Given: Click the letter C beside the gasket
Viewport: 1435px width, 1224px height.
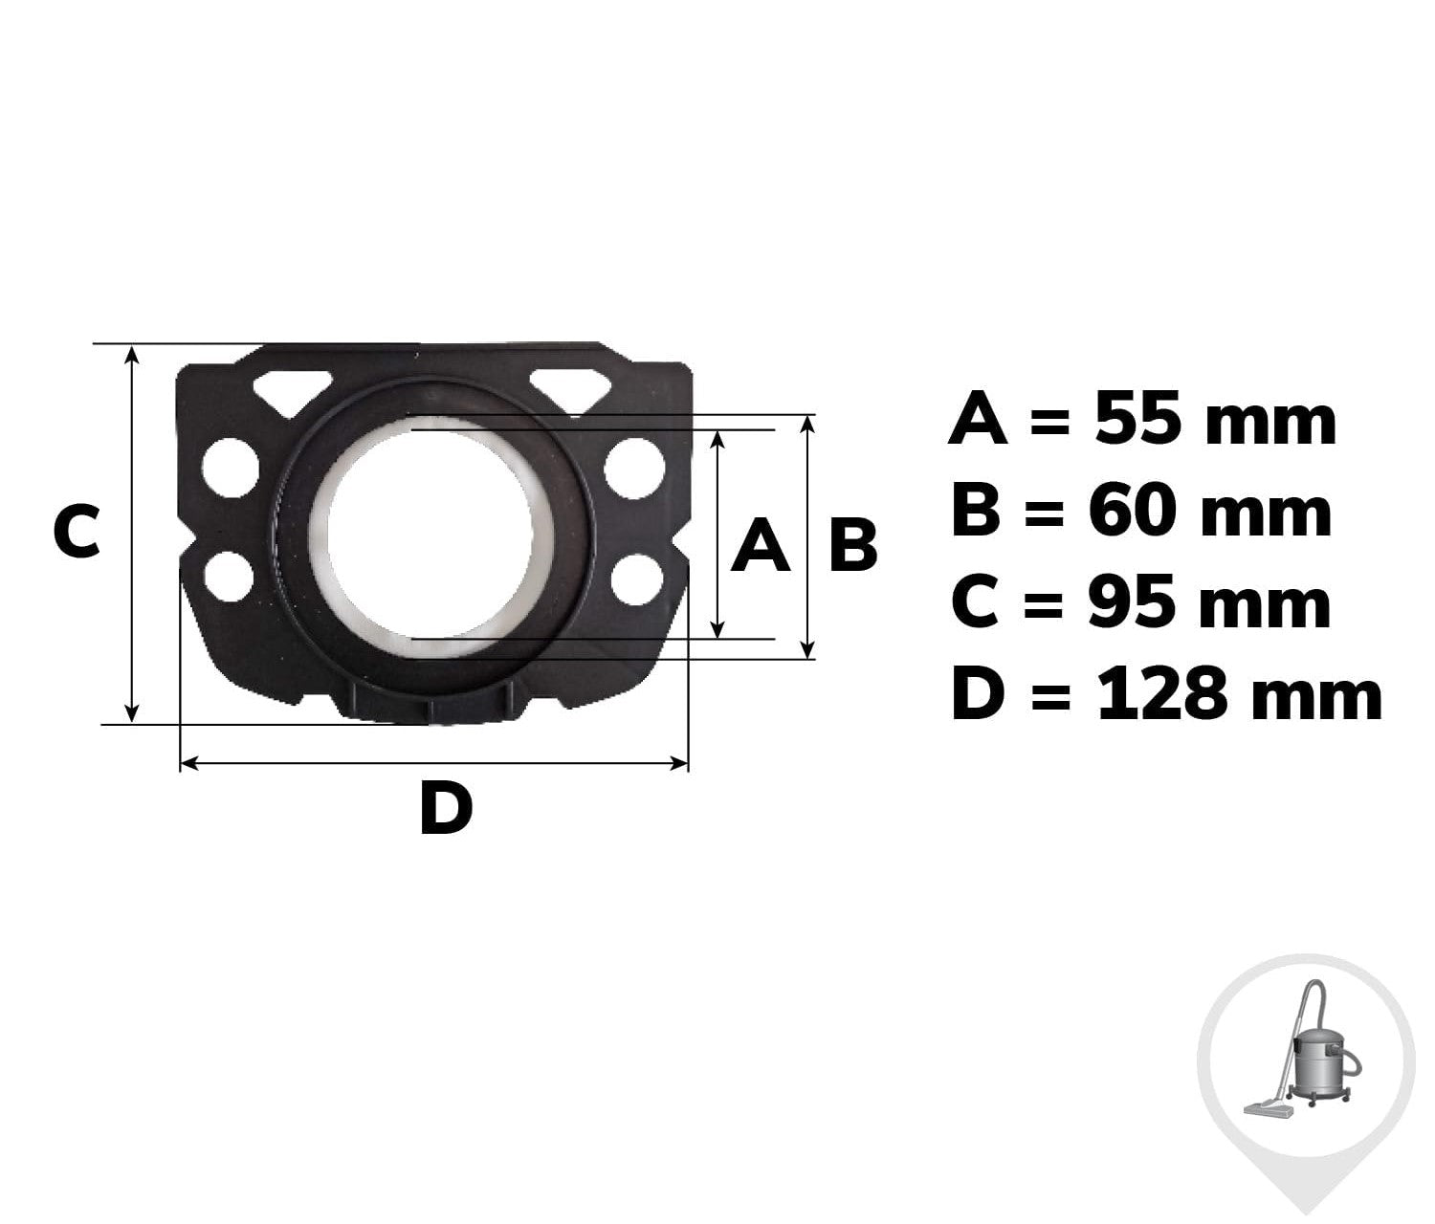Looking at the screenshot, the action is (x=77, y=532).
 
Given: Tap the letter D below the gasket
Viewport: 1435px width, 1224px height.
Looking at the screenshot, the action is (x=447, y=808).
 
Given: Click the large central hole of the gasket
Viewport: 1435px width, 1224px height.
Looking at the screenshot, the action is (x=430, y=535).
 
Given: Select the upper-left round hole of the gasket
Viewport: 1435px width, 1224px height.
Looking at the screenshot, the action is (x=231, y=468).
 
